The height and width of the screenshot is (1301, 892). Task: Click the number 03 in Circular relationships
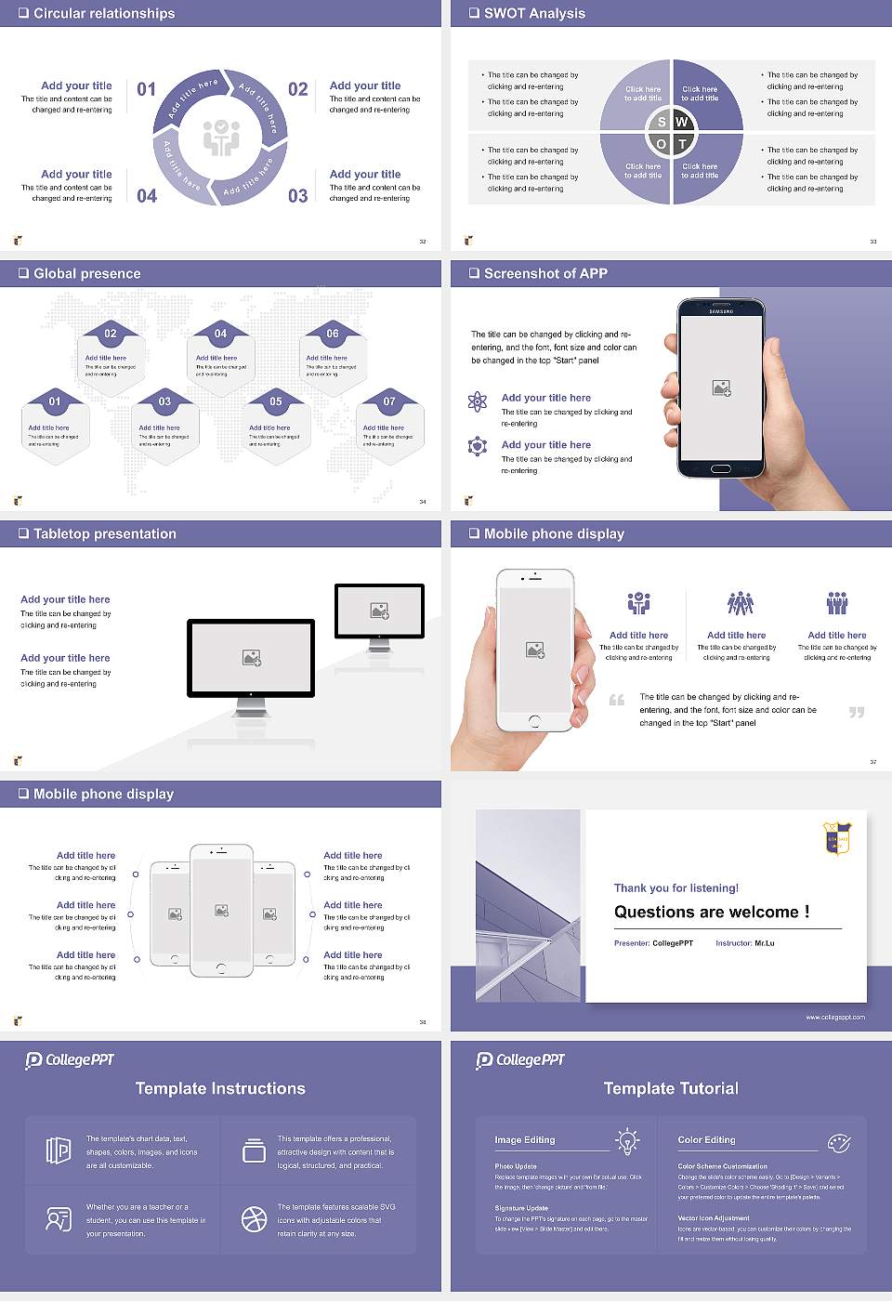(297, 196)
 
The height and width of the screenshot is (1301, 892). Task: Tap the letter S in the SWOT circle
(662, 122)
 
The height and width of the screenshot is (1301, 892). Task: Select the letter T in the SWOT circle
(682, 144)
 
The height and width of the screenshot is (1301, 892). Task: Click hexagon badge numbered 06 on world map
(333, 334)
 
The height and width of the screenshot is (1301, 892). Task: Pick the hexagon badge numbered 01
(55, 401)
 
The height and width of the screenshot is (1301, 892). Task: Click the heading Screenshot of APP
(545, 273)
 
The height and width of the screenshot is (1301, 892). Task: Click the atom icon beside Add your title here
(478, 401)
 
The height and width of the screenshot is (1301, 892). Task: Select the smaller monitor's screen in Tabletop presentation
(379, 611)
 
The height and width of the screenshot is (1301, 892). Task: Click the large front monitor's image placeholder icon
(251, 657)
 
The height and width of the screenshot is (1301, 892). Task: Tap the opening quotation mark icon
(617, 700)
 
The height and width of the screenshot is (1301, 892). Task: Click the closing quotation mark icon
(857, 712)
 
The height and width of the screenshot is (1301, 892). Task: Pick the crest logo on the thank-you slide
(837, 837)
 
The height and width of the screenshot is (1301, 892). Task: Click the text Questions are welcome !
(711, 912)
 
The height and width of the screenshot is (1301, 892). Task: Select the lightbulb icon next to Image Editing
(627, 1140)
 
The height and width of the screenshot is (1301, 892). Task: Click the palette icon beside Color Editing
(839, 1141)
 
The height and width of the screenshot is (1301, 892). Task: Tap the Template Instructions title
(220, 1088)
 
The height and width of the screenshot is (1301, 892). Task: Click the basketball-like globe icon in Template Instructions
(254, 1219)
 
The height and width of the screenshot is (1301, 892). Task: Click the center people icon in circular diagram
(221, 138)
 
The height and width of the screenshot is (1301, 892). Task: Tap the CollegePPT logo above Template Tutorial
(520, 1059)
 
